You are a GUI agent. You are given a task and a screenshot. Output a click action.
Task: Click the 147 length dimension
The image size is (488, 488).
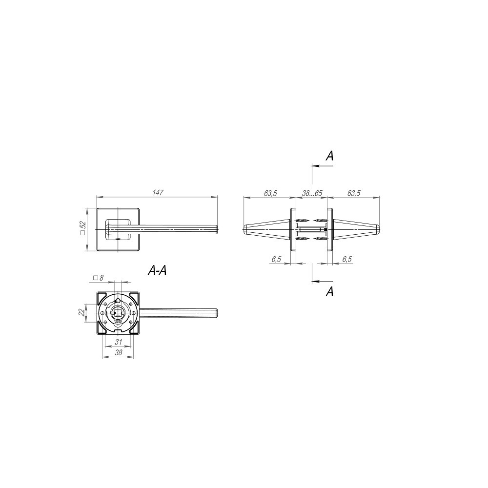(157, 193)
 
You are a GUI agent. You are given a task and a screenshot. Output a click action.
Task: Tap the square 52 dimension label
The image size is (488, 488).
(82, 228)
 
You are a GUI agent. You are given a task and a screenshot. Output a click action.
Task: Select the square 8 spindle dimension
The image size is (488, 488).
(98, 278)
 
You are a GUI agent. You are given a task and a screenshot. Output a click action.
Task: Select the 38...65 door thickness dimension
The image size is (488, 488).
(312, 193)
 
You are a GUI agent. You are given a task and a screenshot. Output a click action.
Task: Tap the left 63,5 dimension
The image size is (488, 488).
(270, 193)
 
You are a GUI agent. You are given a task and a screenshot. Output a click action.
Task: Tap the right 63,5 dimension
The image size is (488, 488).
(353, 193)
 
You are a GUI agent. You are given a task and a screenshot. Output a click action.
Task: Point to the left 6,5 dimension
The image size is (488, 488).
(276, 260)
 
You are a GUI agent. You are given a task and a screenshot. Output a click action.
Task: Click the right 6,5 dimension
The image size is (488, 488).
(347, 260)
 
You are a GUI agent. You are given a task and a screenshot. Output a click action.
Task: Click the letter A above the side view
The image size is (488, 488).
(330, 156)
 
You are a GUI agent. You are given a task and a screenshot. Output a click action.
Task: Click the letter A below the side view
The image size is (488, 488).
(330, 292)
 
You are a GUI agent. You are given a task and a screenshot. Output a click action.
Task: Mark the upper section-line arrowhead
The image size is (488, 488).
(315, 166)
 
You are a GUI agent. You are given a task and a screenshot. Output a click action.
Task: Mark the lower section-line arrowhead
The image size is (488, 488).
(315, 282)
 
